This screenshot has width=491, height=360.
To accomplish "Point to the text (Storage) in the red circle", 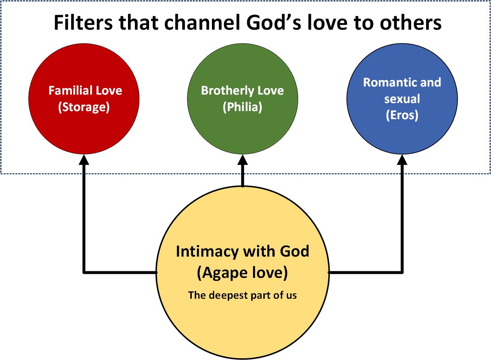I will pyautogui.click(x=84, y=107).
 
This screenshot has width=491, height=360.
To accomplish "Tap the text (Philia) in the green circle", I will pyautogui.click(x=242, y=107).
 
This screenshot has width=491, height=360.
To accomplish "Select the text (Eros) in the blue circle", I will pyautogui.click(x=402, y=115).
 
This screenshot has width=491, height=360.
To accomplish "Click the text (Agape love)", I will pyautogui.click(x=242, y=273).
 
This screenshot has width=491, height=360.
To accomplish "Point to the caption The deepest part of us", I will pyautogui.click(x=242, y=295).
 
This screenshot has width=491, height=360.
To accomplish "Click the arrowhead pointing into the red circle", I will pyautogui.click(x=84, y=159).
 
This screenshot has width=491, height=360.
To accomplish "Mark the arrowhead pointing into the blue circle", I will pyautogui.click(x=403, y=159).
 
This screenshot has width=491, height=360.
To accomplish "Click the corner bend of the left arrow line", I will pyautogui.click(x=84, y=272).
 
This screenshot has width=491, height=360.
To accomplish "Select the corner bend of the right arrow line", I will pyautogui.click(x=403, y=272).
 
